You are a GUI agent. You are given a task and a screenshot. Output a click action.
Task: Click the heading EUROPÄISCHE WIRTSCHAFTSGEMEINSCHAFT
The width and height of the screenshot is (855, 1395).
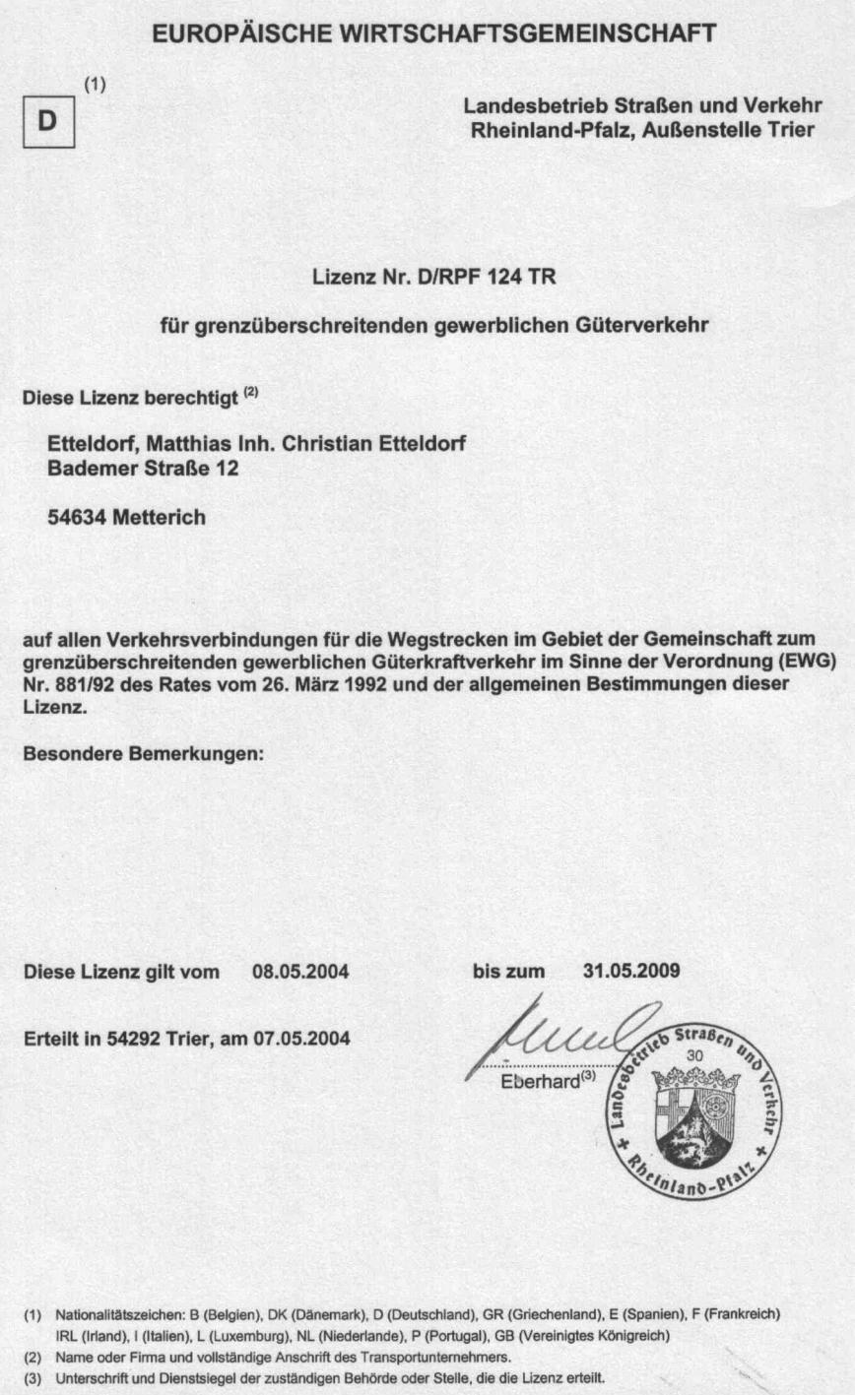(x=434, y=34)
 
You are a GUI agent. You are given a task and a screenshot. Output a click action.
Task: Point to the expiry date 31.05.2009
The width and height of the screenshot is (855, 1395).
(x=630, y=972)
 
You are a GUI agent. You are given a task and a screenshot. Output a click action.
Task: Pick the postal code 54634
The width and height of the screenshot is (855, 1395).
(x=78, y=518)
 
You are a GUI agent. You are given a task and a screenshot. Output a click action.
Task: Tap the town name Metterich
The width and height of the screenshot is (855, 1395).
(x=160, y=518)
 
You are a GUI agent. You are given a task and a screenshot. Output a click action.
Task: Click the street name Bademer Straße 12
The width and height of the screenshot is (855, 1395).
(x=143, y=470)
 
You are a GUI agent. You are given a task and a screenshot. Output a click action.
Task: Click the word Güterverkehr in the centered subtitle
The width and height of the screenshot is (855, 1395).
(x=644, y=323)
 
